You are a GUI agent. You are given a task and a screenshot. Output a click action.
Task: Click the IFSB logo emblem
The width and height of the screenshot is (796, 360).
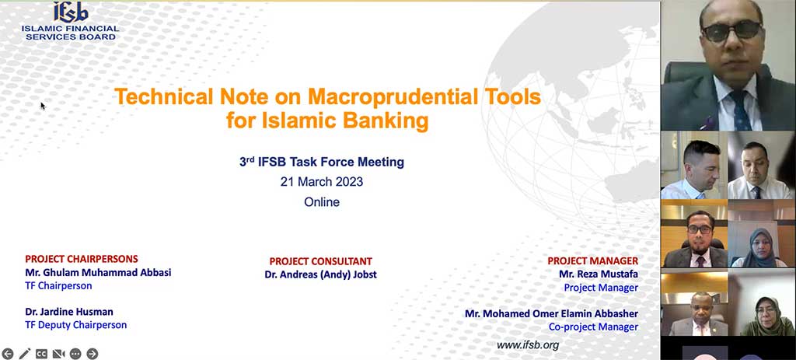click(71, 12)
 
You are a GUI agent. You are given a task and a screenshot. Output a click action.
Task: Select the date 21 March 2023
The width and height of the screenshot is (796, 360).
click(322, 182)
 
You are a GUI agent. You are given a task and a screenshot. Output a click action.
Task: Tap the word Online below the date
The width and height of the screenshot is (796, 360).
click(322, 202)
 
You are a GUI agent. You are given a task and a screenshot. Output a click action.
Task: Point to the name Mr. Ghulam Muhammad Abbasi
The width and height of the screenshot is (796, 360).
click(98, 273)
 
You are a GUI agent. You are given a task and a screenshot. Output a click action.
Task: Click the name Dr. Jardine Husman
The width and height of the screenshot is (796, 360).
click(69, 311)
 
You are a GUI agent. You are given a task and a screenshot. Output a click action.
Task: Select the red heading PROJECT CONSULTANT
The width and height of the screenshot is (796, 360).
click(321, 261)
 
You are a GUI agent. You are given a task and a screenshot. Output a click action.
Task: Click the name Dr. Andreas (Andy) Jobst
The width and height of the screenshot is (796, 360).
click(321, 274)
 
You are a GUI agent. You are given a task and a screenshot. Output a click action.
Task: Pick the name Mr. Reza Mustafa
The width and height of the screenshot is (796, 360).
click(599, 274)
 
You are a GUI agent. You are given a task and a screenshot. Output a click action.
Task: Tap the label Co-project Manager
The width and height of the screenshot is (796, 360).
click(593, 327)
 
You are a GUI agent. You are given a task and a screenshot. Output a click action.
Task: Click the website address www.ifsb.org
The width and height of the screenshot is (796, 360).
click(528, 345)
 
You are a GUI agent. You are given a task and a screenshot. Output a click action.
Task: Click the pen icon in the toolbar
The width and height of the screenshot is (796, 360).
click(24, 354)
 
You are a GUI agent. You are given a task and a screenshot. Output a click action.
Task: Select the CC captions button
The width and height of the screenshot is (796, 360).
click(42, 354)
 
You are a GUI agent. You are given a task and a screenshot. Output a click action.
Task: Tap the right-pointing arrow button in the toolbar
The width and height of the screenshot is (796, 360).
click(93, 354)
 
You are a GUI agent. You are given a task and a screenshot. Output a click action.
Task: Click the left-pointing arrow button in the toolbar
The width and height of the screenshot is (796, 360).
click(8, 354)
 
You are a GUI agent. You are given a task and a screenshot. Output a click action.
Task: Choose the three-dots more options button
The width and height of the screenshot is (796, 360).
click(75, 354)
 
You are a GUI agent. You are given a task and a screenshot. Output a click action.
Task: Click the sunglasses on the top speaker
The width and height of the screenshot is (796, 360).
click(731, 31)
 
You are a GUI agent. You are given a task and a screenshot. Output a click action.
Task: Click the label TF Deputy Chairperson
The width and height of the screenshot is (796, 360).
click(75, 325)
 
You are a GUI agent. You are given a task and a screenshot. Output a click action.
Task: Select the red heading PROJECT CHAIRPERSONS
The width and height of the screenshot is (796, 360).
click(82, 259)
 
